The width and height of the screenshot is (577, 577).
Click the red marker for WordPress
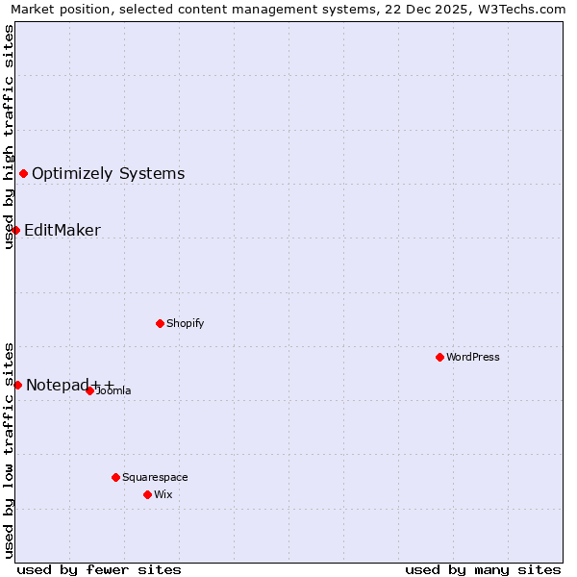(439, 357)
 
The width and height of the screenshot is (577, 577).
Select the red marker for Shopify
(160, 323)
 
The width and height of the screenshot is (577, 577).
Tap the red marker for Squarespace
(115, 477)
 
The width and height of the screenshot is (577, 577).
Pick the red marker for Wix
(147, 494)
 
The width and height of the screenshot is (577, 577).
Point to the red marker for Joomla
(89, 390)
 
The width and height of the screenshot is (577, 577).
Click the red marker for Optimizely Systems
(23, 173)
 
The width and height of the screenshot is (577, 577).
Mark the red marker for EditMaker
(15, 230)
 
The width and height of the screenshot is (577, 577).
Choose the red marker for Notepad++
(17, 385)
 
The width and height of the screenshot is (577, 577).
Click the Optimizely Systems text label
(108, 174)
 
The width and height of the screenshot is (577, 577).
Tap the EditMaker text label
(63, 231)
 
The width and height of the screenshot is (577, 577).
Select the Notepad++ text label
(69, 386)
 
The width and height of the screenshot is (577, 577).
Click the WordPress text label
(473, 357)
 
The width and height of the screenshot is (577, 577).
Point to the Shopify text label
(185, 323)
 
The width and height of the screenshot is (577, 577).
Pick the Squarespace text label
(155, 477)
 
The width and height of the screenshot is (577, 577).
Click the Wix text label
(163, 494)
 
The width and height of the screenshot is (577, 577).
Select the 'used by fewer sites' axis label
(99, 569)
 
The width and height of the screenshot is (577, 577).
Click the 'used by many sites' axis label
(483, 569)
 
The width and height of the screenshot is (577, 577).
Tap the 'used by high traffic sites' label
(9, 137)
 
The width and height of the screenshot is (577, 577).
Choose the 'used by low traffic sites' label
(9, 449)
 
